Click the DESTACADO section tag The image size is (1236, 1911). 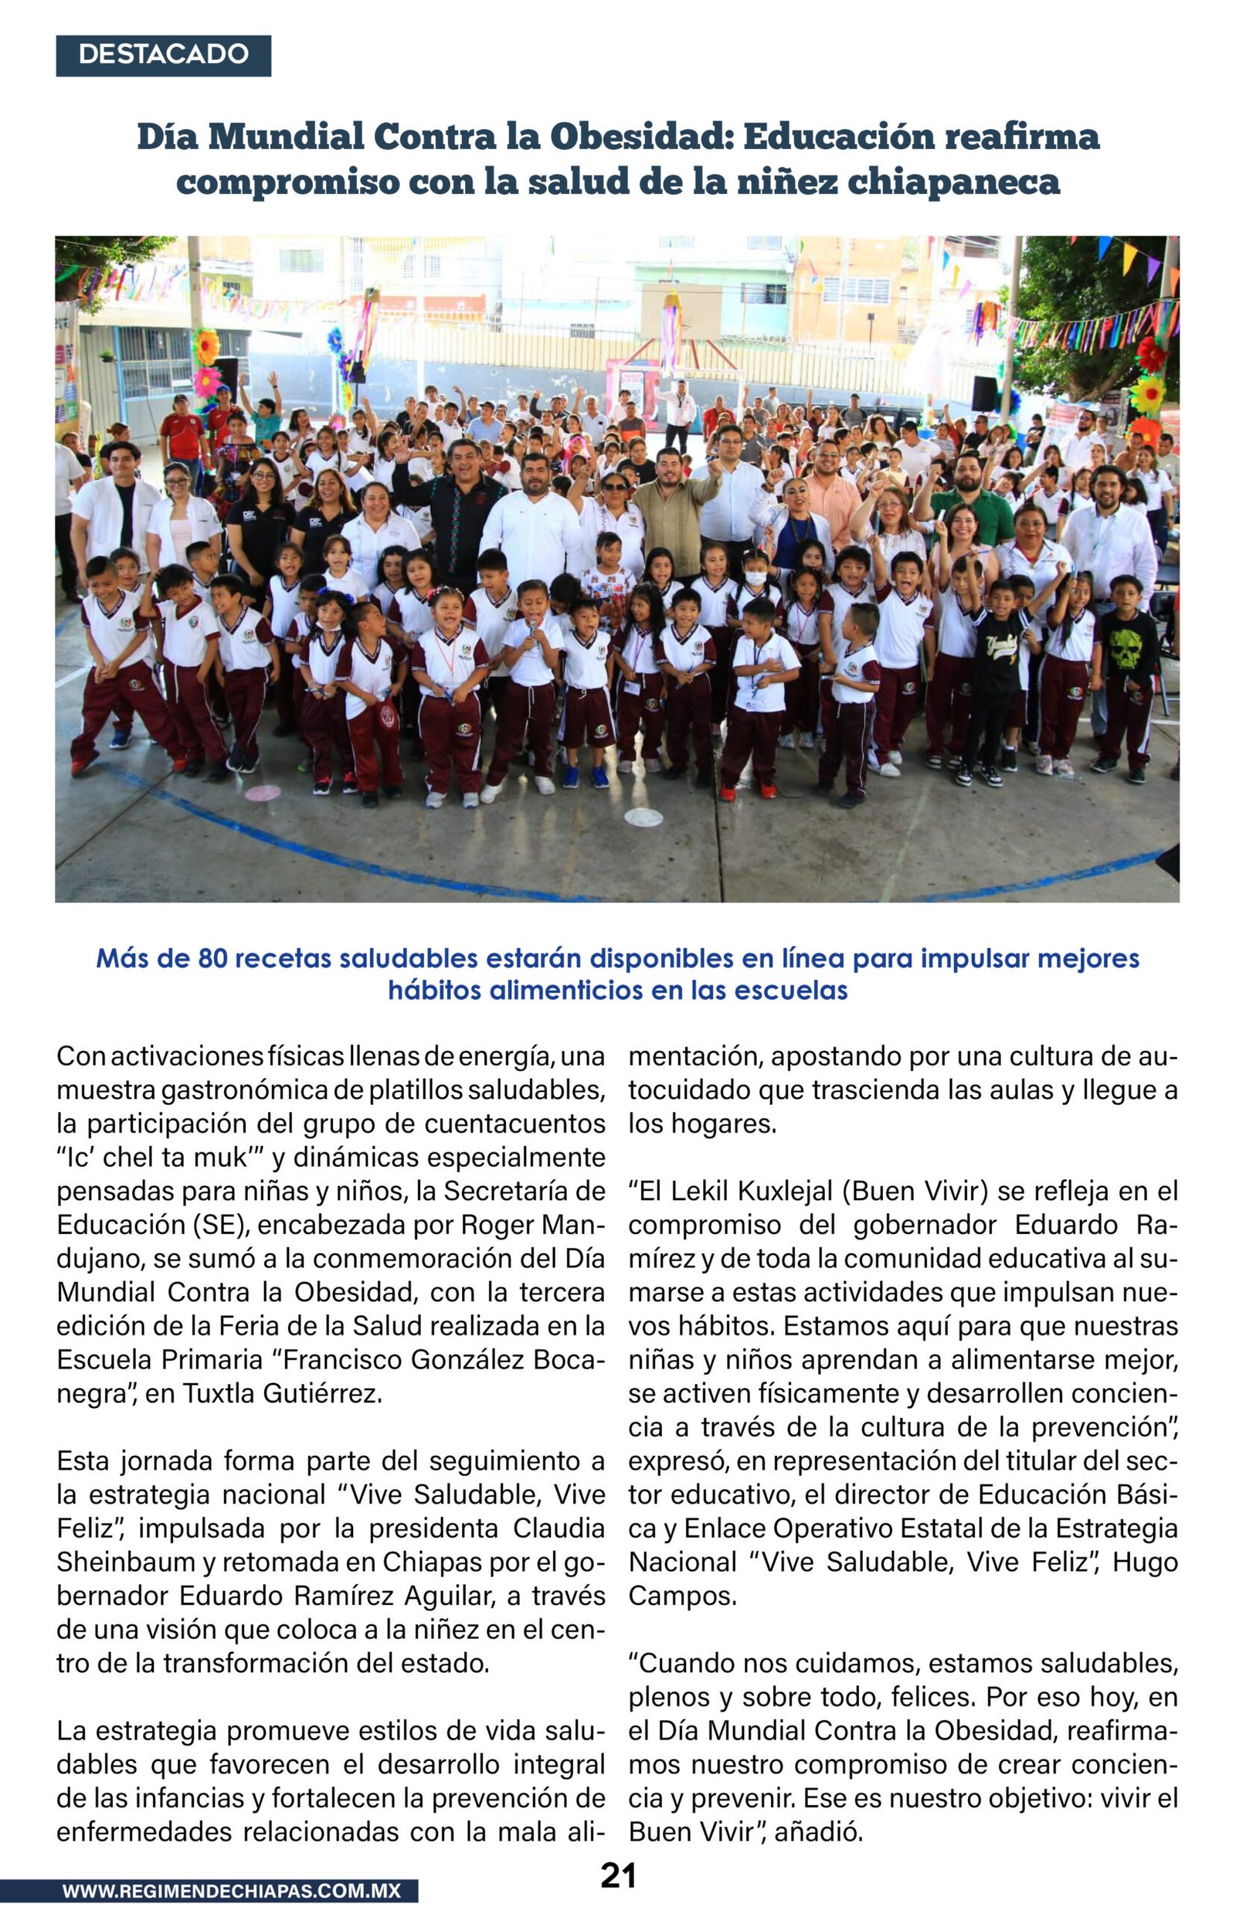(163, 55)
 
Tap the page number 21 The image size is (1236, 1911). (618, 1875)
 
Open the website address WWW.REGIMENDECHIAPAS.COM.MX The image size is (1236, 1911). (231, 1891)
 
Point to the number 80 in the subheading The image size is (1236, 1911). (212, 958)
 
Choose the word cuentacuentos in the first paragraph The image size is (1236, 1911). (514, 1124)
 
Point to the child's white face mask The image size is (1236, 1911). (756, 578)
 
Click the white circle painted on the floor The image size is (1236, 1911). (643, 817)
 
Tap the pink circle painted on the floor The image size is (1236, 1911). (263, 793)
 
